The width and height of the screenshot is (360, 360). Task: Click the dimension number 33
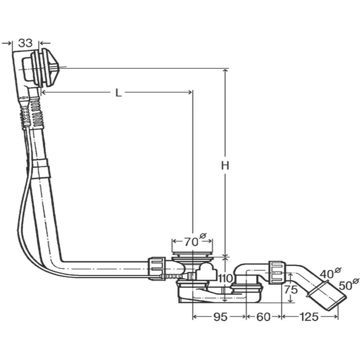click(26, 43)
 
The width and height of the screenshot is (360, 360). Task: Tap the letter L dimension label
click(118, 93)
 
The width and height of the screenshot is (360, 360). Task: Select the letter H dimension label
click(225, 165)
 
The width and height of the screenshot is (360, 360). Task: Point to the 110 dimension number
click(226, 279)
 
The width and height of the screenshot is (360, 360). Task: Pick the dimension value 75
click(291, 290)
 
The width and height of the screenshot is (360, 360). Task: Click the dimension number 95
click(220, 317)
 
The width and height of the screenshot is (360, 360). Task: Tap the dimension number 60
click(263, 317)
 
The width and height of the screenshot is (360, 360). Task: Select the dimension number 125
click(309, 317)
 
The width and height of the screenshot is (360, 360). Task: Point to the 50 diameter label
click(349, 284)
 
